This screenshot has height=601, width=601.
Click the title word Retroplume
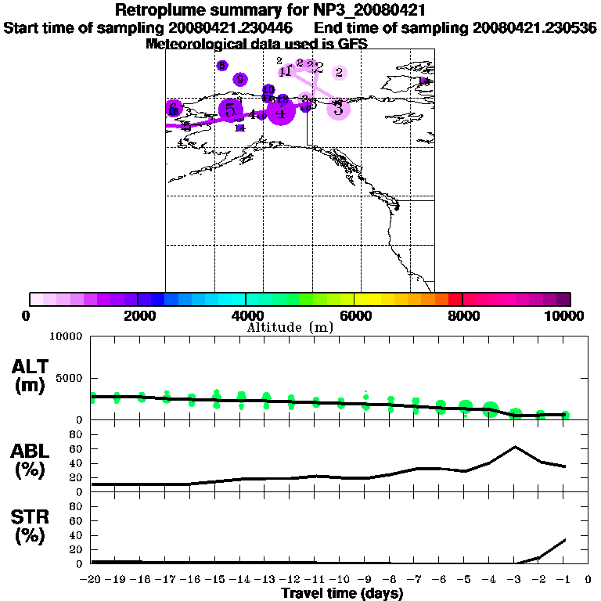click(159, 10)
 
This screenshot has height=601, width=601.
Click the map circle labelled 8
click(222, 66)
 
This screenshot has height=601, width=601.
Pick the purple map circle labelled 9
click(240, 79)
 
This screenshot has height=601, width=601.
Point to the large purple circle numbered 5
click(230, 110)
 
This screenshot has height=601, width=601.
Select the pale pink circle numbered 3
click(338, 110)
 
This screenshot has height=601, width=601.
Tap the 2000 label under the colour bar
click(138, 316)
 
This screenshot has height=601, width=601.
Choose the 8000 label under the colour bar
click(463, 316)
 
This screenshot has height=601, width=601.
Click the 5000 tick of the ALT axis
click(71, 378)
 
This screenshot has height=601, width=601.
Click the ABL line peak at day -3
click(515, 447)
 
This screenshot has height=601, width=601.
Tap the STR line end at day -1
click(565, 539)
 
